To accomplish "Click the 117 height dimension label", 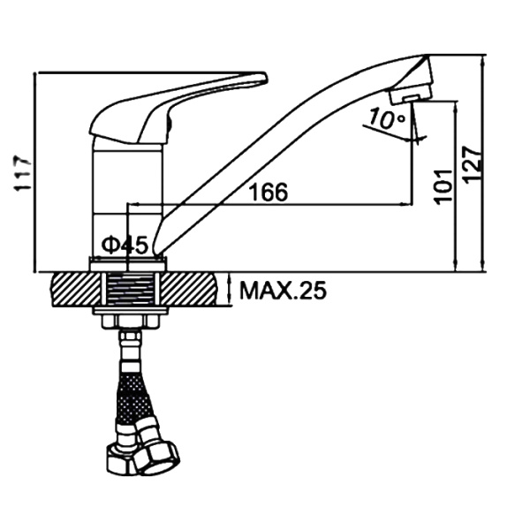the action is click(x=26, y=174).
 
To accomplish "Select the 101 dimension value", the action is click(x=443, y=186).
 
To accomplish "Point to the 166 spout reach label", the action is click(x=268, y=192).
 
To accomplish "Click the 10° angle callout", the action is click(x=386, y=118).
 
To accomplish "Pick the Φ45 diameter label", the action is click(x=125, y=245).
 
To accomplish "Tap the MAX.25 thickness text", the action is click(x=283, y=291).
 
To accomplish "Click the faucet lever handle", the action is click(x=178, y=108).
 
